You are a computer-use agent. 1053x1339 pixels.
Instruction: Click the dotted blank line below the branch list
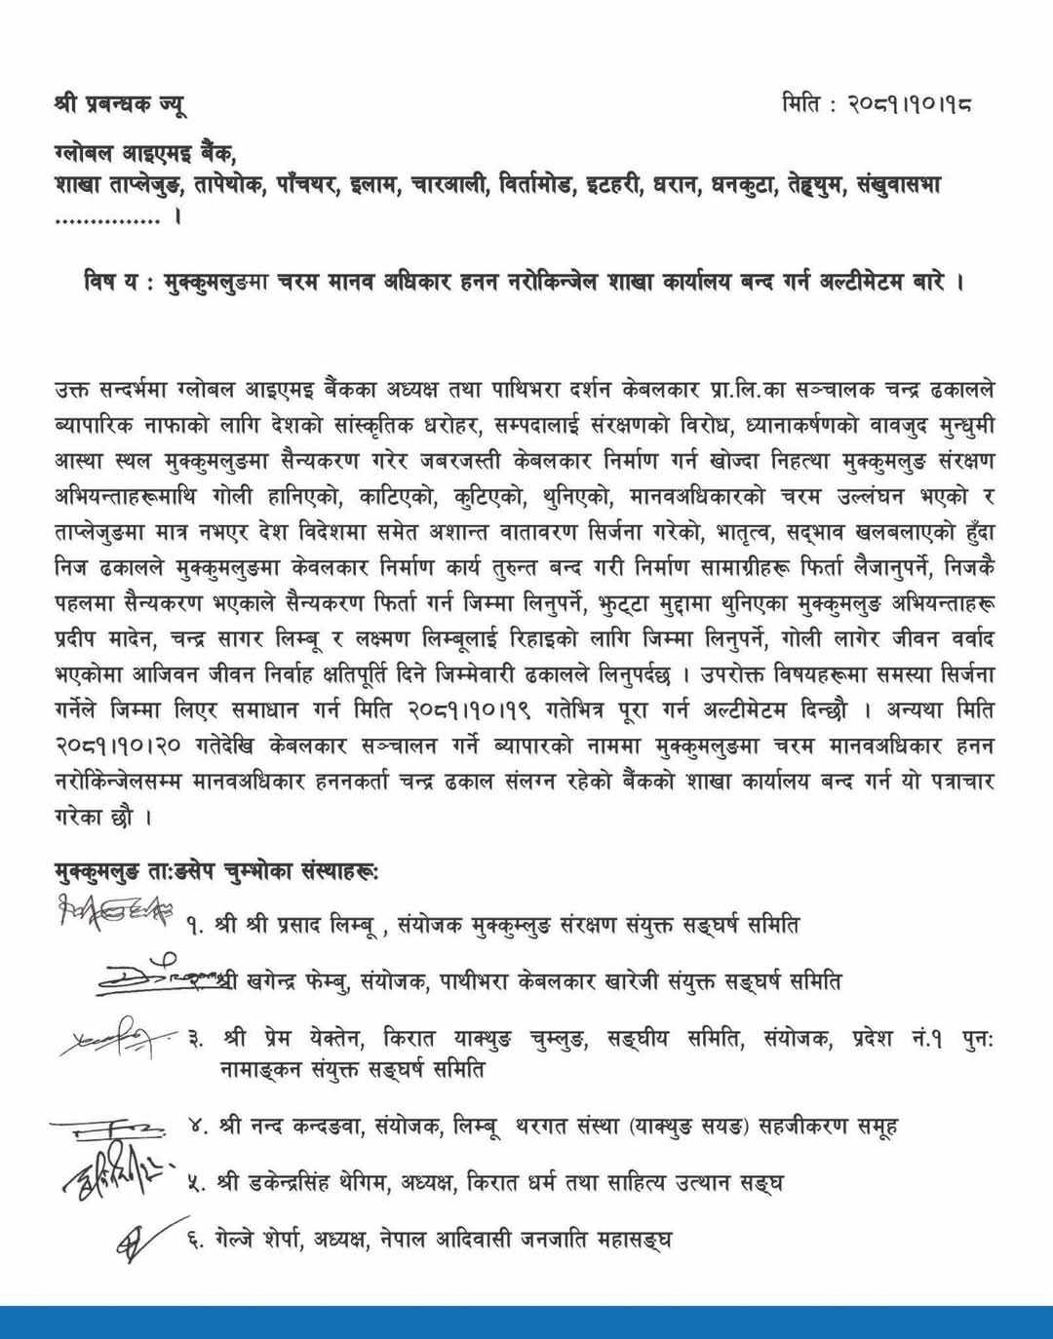(x=109, y=220)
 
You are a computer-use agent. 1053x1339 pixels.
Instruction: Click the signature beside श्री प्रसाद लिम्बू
(x=116, y=916)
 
